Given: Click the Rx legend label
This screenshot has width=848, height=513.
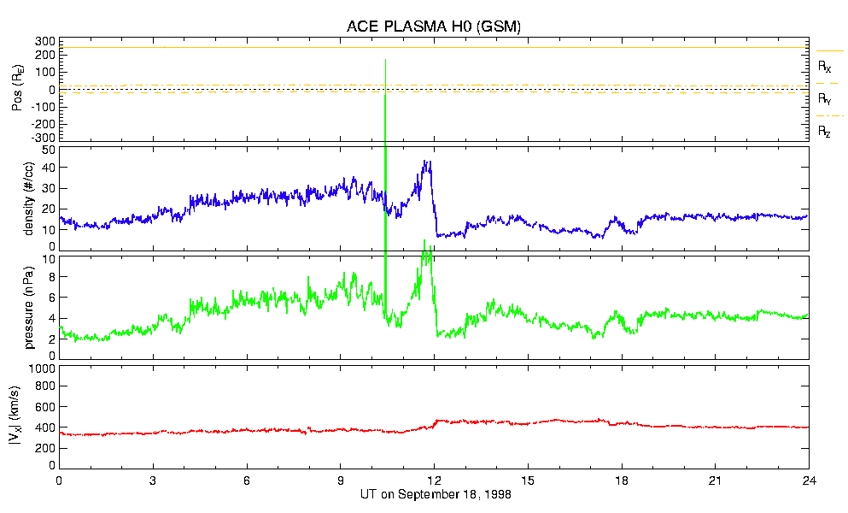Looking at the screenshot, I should (x=825, y=65).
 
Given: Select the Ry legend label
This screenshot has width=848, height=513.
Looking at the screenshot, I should (x=825, y=98).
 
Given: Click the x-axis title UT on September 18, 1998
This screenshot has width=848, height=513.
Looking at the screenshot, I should (x=435, y=494).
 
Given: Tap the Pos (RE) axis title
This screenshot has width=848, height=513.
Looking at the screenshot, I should (x=17, y=89).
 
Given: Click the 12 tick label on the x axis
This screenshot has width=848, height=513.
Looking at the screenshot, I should (x=435, y=481).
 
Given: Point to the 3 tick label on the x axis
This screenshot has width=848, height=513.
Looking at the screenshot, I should (x=153, y=481).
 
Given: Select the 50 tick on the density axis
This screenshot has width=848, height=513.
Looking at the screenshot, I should (x=48, y=150).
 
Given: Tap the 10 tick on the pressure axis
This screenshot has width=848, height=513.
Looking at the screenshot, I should (x=48, y=258).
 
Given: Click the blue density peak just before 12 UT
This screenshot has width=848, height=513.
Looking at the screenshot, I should (x=426, y=162).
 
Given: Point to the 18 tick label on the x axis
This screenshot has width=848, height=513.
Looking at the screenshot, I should (x=623, y=481).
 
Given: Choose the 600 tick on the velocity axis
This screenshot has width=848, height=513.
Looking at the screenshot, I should (x=44, y=407).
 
